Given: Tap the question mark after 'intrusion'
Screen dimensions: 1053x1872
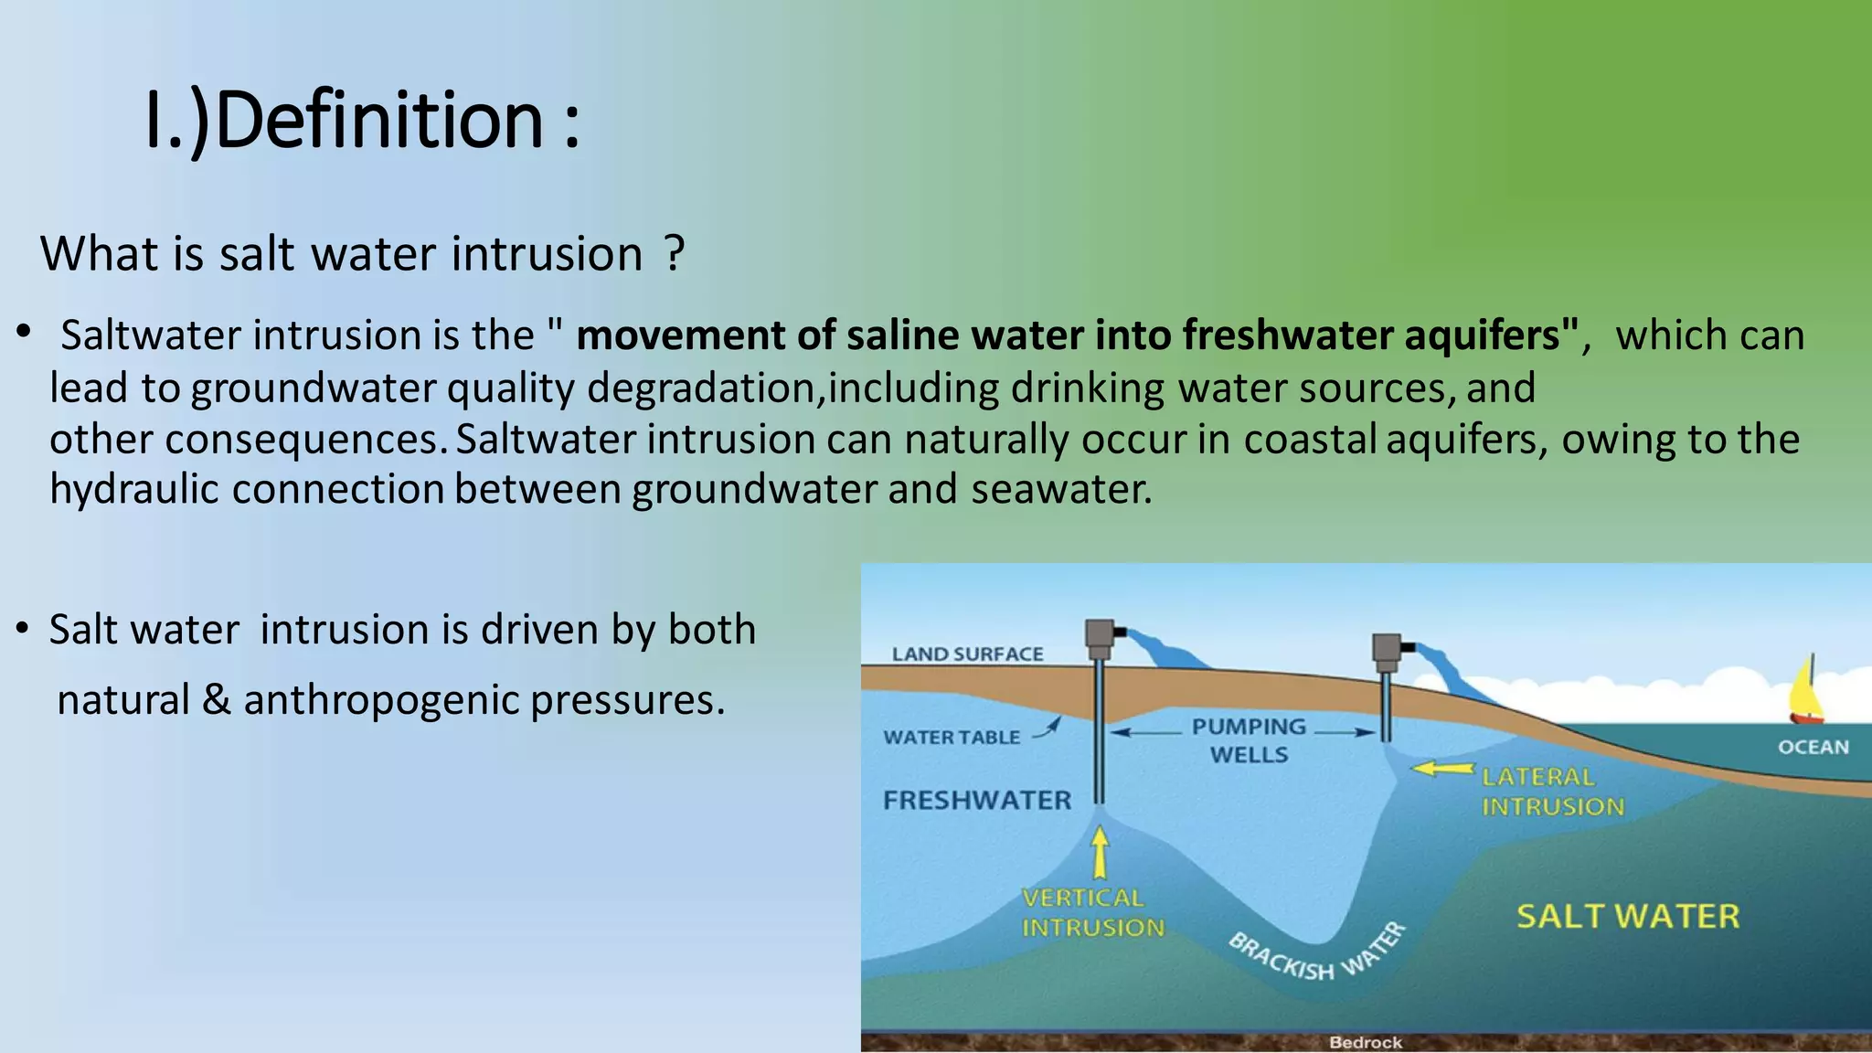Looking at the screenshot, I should point(675,253).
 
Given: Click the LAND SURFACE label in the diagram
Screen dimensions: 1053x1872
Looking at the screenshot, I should point(967,654).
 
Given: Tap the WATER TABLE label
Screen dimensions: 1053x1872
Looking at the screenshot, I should point(952,738).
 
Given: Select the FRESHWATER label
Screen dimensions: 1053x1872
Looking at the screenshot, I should point(976,801).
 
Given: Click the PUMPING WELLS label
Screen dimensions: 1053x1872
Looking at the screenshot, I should point(1249,740).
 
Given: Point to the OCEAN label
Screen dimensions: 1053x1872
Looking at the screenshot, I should point(1813,748).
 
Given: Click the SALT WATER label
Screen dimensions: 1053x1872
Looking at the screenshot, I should point(1627,916).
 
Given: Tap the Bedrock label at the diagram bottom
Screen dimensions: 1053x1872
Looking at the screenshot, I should point(1365,1042).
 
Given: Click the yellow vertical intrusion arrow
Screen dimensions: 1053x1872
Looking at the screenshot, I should point(1101,851).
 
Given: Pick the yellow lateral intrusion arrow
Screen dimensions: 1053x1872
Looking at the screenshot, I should point(1443,769).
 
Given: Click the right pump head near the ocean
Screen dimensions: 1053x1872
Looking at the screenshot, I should point(1388,648).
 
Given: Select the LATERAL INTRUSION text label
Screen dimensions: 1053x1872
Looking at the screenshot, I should point(1551,792).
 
